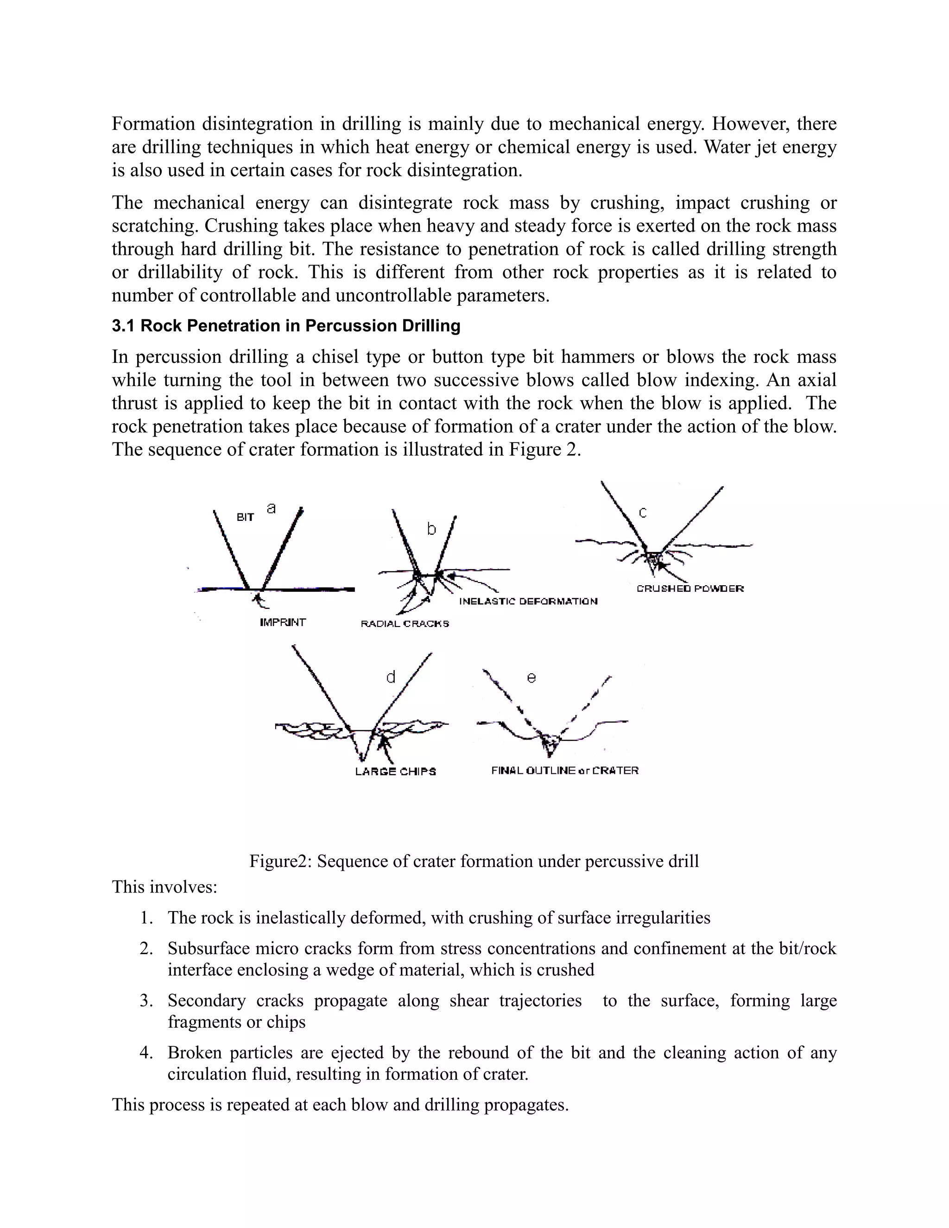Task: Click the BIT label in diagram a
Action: (x=245, y=517)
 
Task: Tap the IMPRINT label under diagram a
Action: (x=283, y=622)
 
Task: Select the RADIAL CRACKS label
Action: (x=405, y=624)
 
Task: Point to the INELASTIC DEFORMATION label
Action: (x=528, y=601)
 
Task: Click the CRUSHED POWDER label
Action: (x=690, y=589)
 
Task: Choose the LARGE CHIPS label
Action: (x=395, y=772)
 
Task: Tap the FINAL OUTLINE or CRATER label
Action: (x=564, y=770)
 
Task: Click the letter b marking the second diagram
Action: (x=431, y=529)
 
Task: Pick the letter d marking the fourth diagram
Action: (x=391, y=677)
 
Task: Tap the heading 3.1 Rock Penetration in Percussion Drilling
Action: (x=285, y=326)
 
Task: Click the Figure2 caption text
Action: (x=474, y=861)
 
